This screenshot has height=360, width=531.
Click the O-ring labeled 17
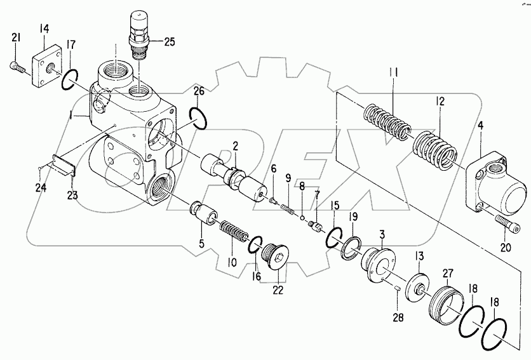point(70,80)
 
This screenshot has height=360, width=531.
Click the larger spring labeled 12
point(434,151)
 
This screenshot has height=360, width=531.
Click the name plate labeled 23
point(64,166)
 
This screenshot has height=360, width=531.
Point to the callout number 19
point(354,217)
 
